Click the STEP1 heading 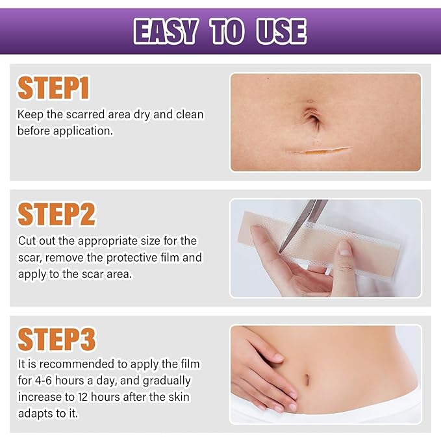pyautogui.click(x=53, y=88)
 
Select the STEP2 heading pyautogui.click(x=57, y=214)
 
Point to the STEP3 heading pyautogui.click(x=57, y=340)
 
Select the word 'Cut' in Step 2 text pyautogui.click(x=27, y=241)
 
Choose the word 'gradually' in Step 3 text pyautogui.click(x=166, y=380)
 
